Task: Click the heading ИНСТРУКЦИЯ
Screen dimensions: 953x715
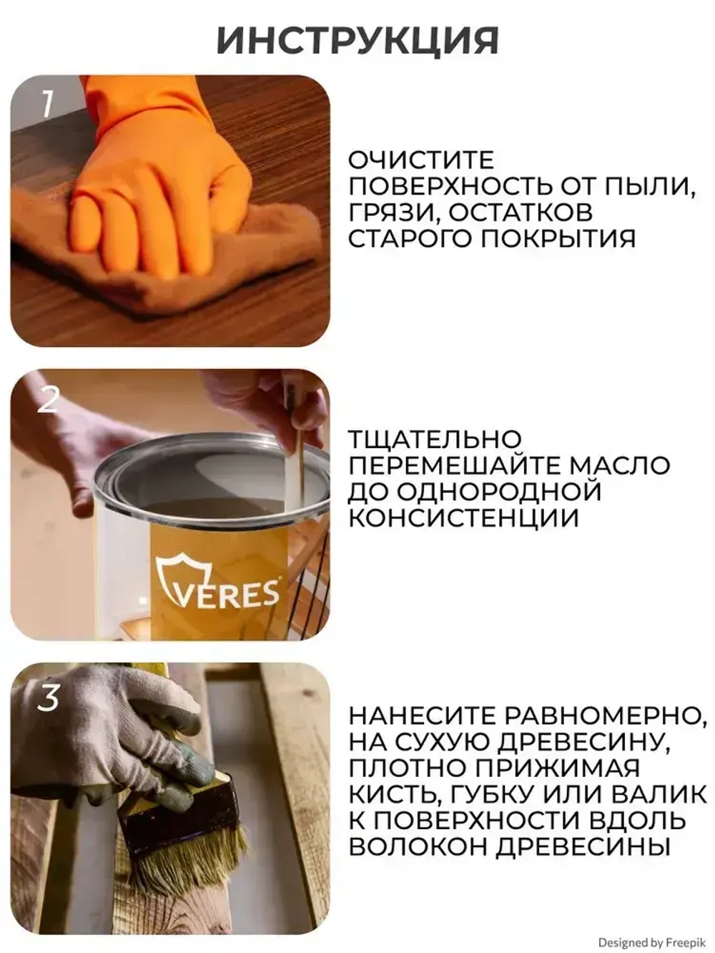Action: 357,41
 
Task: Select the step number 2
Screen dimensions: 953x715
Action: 47,399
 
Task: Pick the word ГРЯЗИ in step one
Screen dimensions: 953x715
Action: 387,212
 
